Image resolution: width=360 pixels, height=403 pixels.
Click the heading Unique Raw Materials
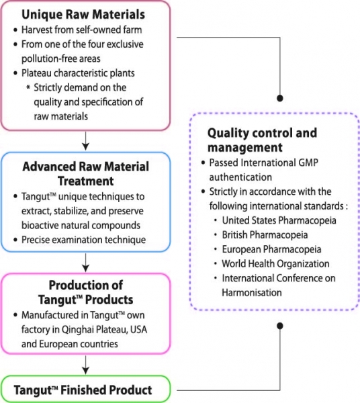tap(83, 14)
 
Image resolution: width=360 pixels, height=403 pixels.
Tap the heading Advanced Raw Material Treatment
tap(85, 174)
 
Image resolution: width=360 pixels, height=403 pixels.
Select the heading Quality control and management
tap(262, 140)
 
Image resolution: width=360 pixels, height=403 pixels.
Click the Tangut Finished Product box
tap(85, 389)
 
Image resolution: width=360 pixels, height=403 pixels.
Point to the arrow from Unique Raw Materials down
tap(85, 141)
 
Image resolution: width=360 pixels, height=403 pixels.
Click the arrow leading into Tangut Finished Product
tap(85, 365)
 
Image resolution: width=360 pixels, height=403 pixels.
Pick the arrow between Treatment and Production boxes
tap(85, 263)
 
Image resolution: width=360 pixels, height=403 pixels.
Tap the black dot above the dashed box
tap(280, 98)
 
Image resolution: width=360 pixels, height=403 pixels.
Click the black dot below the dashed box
tap(280, 326)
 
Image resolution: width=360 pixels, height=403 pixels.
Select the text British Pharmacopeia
tap(265, 235)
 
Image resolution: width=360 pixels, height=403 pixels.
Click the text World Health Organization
tap(275, 264)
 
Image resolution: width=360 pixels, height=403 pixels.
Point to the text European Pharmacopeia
tap(271, 249)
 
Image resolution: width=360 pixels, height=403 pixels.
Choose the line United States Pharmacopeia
tap(279, 220)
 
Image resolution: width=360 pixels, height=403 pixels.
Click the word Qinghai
tap(75, 330)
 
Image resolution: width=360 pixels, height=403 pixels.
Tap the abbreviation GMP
tap(308, 163)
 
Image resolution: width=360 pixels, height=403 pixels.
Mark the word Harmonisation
tap(252, 292)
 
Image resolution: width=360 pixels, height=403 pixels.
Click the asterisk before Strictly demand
tap(28, 87)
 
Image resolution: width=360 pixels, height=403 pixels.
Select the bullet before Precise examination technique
tap(15, 240)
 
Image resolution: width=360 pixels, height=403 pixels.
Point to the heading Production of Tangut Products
tap(85, 292)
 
